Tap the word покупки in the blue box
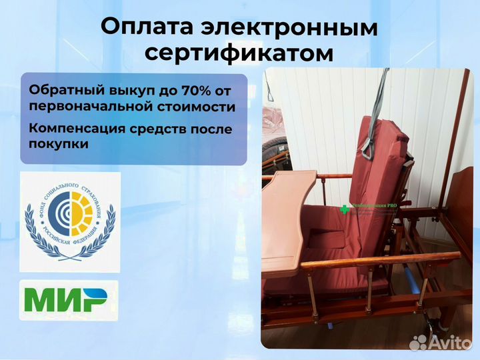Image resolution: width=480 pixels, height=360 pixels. click(x=59, y=143)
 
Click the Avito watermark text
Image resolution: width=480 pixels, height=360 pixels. click(x=451, y=343)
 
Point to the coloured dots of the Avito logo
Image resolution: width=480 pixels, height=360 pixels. click(x=419, y=343)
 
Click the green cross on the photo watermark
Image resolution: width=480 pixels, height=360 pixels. click(x=344, y=209)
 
